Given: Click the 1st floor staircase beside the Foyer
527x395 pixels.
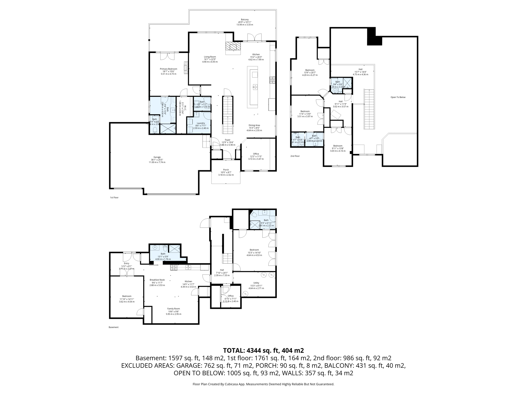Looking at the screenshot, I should point(228,115).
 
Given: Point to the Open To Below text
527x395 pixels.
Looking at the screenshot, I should point(398,97).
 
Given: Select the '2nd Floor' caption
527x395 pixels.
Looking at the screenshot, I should point(295,156).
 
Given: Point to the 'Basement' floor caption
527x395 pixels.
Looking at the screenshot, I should point(113,327).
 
